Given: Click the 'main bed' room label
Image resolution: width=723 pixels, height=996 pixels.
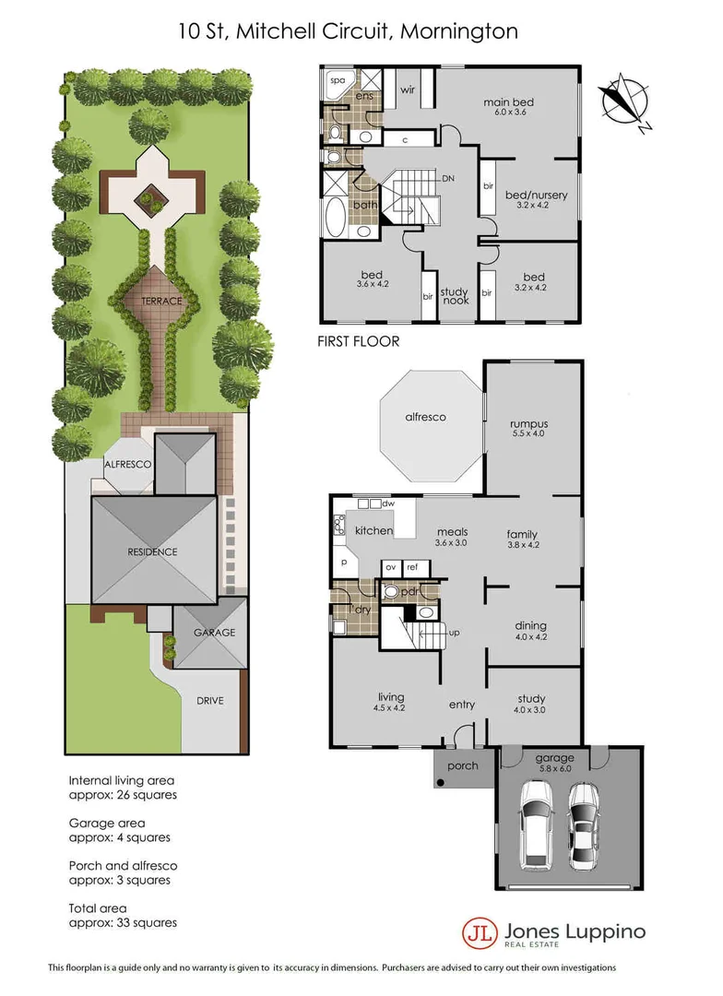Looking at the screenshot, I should click(508, 102).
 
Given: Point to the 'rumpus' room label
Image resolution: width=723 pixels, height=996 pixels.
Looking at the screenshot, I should click(529, 425).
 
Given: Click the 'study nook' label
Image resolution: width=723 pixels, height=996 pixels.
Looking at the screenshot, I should click(456, 295).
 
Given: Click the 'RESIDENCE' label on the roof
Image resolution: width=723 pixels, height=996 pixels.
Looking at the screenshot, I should click(152, 551).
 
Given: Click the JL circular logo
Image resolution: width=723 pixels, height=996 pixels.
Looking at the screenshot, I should click(480, 931).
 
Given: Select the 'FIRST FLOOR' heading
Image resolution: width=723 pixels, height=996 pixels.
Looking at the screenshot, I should click(359, 341).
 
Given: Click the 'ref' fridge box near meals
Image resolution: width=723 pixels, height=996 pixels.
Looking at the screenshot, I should click(413, 567).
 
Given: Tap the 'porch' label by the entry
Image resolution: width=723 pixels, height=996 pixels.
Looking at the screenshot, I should click(462, 765).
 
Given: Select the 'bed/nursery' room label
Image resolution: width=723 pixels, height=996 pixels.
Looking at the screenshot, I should click(536, 196).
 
